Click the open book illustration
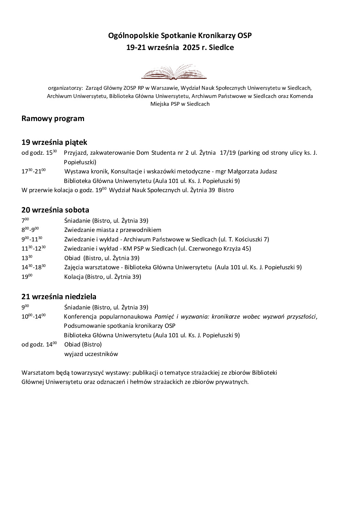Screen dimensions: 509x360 (x=174, y=72)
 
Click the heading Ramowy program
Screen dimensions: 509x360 (x=53, y=119)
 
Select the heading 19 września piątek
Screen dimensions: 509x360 (x=54, y=142)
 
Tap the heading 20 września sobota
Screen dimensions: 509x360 (x=55, y=210)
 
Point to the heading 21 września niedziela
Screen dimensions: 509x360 (x=59, y=296)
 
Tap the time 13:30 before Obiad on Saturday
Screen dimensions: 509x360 (x=27, y=258)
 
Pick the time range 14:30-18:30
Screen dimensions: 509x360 (x=33, y=267)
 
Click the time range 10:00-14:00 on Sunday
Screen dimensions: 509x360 (x=33, y=317)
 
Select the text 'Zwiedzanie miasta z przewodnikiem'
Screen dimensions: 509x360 (x=113, y=230)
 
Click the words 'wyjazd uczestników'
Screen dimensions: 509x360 (x=91, y=354)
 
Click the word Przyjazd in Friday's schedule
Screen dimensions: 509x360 (x=75, y=153)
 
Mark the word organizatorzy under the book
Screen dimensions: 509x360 (x=65, y=87)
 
